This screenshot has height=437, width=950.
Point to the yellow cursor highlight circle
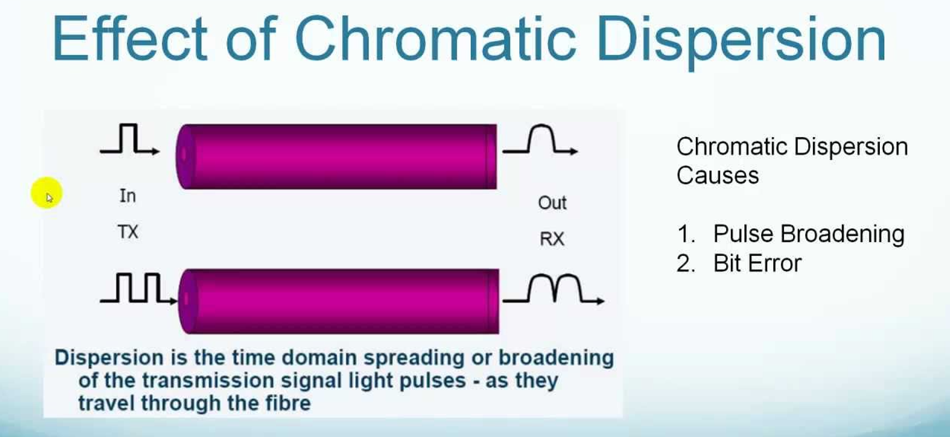pyautogui.click(x=47, y=194)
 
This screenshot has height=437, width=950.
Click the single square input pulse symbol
pyautogui.click(x=130, y=140)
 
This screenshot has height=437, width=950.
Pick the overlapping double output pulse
pyautogui.click(x=554, y=290)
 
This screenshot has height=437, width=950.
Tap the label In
pyautogui.click(x=127, y=196)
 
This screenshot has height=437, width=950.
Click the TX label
pyautogui.click(x=128, y=232)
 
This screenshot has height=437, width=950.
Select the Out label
pyautogui.click(x=552, y=202)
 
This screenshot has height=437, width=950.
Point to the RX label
pyautogui.click(x=552, y=239)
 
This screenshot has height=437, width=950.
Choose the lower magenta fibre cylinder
pyautogui.click(x=339, y=301)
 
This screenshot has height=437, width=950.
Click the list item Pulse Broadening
pyautogui.click(x=808, y=234)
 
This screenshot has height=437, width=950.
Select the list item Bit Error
pyautogui.click(x=757, y=263)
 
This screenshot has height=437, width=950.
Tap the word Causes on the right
pyautogui.click(x=717, y=175)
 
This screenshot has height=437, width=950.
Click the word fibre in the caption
pyautogui.click(x=287, y=403)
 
